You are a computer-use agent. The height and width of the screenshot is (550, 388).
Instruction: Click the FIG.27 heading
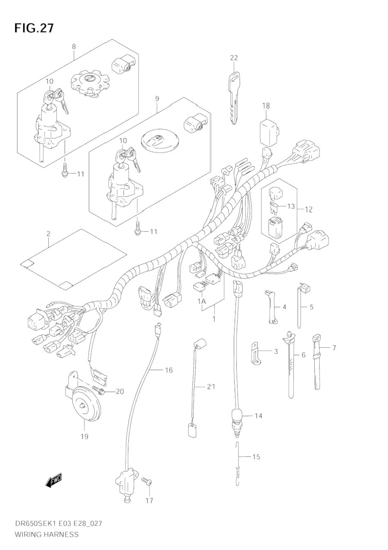point(34,28)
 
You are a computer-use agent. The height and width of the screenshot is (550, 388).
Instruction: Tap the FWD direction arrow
point(54,480)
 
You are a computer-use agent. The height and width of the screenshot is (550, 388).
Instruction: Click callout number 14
point(258,416)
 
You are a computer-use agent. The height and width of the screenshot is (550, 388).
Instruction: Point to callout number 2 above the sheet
point(48,234)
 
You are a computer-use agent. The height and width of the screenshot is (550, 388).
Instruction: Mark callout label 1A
point(201,301)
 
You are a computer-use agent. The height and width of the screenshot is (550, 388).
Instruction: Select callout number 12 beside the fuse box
point(308,209)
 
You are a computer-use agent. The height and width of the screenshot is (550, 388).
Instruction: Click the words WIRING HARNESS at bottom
point(46,534)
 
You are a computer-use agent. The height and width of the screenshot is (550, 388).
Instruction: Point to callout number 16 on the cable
point(168,370)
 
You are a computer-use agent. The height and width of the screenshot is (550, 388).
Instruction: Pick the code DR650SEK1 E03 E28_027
point(58,523)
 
